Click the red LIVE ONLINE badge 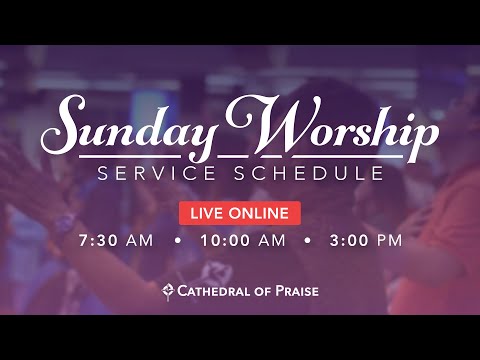pyautogui.click(x=240, y=212)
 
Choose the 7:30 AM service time pyautogui.click(x=114, y=240)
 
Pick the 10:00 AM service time pyautogui.click(x=242, y=240)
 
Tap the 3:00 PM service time pyautogui.click(x=367, y=240)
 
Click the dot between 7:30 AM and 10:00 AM pyautogui.click(x=178, y=240)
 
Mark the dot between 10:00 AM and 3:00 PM pyautogui.click(x=307, y=240)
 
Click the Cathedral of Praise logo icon pyautogui.click(x=168, y=291)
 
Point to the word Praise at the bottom pyautogui.click(x=293, y=291)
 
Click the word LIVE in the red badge pyautogui.click(x=204, y=212)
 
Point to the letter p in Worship pyautogui.click(x=424, y=138)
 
